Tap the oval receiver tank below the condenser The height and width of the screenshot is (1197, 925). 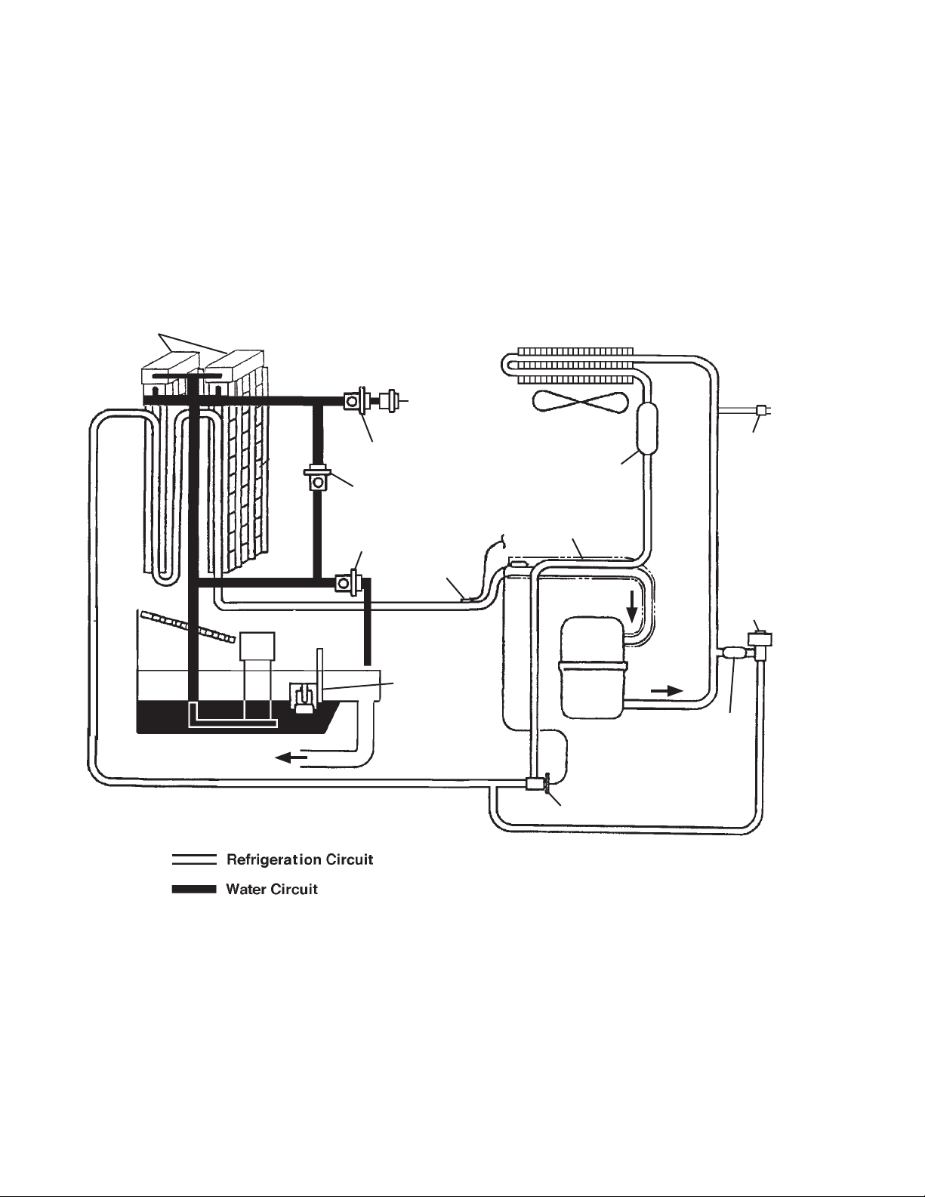tap(648, 428)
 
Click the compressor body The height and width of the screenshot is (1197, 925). tap(593, 667)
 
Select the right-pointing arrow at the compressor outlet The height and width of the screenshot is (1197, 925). tap(667, 691)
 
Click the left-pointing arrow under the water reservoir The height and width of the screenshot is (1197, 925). tap(291, 758)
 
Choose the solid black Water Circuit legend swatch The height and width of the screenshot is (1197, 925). tap(194, 889)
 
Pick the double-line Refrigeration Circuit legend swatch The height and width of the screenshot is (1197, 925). tap(194, 859)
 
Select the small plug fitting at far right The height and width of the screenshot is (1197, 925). tap(763, 410)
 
